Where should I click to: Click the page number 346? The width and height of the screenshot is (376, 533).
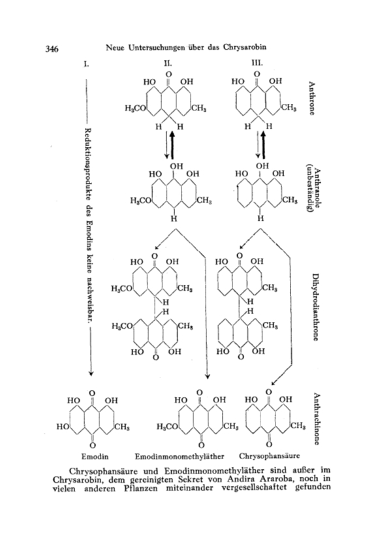click(52, 49)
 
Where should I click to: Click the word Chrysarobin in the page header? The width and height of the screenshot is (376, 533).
click(245, 47)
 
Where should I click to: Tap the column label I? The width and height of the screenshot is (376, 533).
click(87, 63)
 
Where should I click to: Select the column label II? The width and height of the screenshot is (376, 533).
click(168, 63)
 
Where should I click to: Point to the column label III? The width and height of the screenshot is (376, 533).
click(257, 63)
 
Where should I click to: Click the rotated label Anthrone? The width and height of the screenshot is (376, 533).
click(311, 98)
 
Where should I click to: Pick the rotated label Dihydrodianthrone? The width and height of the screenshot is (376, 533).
click(315, 307)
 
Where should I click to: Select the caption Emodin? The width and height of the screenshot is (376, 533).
click(95, 456)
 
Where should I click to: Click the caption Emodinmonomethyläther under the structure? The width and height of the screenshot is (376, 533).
click(180, 456)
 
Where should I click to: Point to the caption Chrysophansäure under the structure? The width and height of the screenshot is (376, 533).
click(270, 455)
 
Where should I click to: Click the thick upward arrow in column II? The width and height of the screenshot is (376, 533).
click(172, 145)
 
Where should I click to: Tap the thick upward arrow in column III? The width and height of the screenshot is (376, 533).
click(263, 145)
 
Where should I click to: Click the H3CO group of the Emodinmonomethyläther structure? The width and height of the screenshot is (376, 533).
click(166, 427)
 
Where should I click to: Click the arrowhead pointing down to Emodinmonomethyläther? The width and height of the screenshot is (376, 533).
click(207, 377)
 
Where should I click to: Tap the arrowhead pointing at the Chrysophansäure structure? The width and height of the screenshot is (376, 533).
click(274, 383)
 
